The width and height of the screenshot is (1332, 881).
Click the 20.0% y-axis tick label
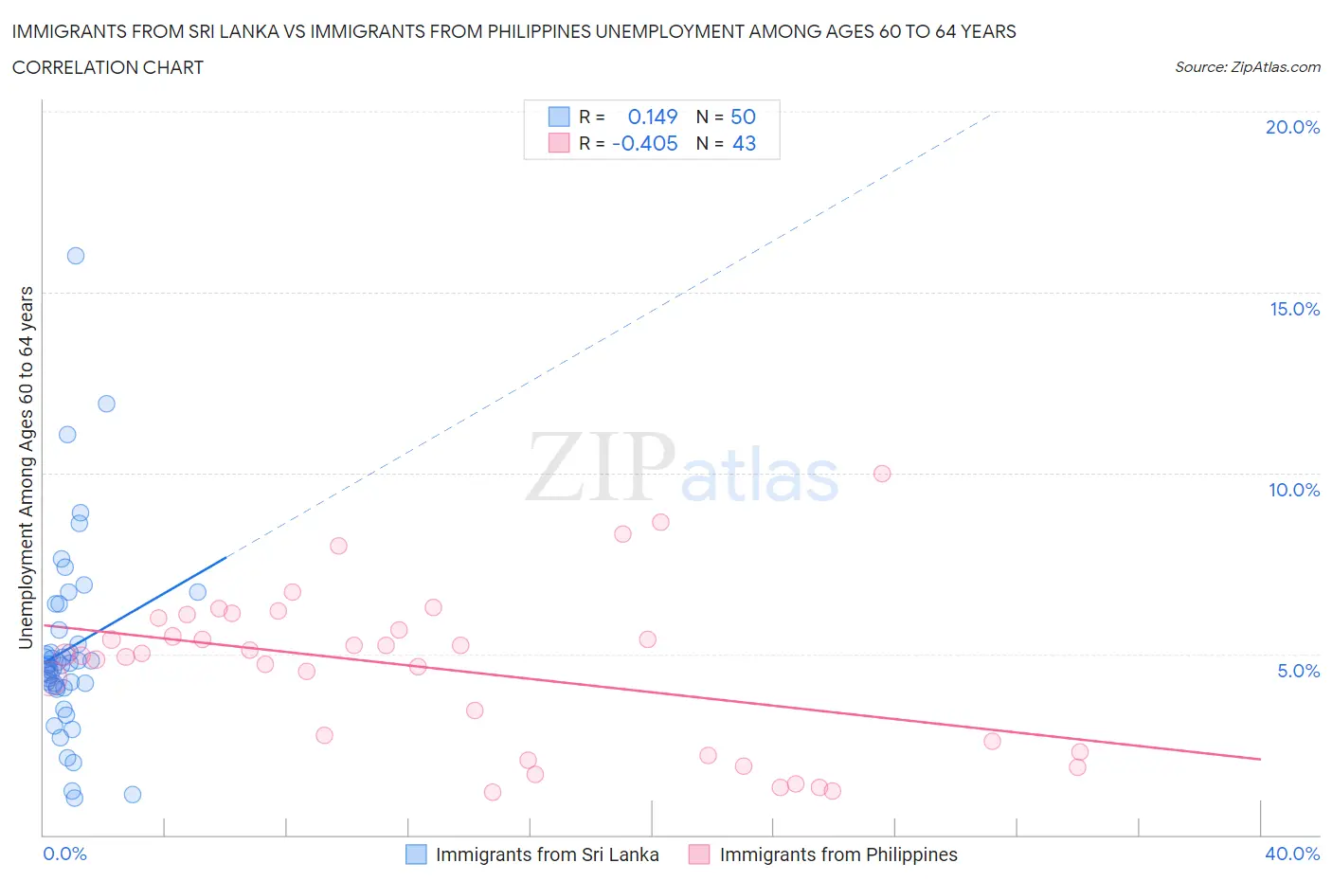tap(1292, 127)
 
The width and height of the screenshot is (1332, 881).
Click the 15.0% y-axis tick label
tap(1294, 309)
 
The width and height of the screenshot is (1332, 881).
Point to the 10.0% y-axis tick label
tap(1294, 490)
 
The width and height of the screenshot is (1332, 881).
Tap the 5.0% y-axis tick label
tap(1298, 671)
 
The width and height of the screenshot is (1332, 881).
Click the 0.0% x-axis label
tap(64, 854)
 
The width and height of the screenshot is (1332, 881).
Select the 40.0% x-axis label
tap(1292, 854)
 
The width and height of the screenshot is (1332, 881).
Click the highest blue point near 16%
tap(76, 256)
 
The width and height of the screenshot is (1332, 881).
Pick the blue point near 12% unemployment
tap(107, 404)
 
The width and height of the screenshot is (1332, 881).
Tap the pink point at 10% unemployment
tap(882, 474)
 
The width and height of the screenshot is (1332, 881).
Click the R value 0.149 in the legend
tap(653, 117)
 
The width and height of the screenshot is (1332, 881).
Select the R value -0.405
tap(645, 143)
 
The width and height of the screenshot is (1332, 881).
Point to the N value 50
tap(743, 117)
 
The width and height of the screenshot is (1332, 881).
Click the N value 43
tap(744, 143)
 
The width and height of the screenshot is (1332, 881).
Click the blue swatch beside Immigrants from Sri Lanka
tap(416, 854)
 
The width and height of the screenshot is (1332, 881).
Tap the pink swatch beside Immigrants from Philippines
tap(699, 854)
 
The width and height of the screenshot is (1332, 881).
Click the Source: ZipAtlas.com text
tap(1247, 67)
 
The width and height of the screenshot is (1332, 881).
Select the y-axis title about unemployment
tap(27, 468)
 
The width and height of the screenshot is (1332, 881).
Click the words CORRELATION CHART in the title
tap(108, 67)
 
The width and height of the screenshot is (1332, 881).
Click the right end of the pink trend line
tap(1260, 759)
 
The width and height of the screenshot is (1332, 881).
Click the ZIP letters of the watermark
tap(601, 467)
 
